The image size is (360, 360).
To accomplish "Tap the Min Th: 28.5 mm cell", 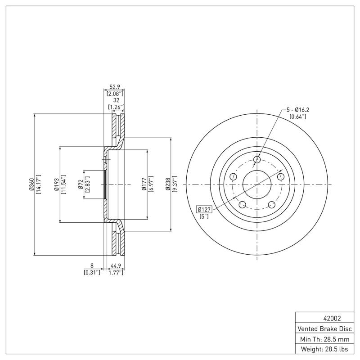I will click(x=324, y=338).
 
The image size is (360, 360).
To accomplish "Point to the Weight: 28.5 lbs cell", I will click(x=324, y=349).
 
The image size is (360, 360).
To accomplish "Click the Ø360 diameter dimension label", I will click(x=31, y=184).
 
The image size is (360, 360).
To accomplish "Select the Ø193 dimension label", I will click(x=56, y=184).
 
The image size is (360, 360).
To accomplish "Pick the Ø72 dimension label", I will click(x=81, y=184).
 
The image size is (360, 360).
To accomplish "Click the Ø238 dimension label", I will click(x=168, y=184).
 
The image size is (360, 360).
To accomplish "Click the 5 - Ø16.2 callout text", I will click(x=298, y=109).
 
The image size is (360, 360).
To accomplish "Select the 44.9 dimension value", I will click(x=116, y=266).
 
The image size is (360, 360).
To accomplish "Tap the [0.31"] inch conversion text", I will click(x=92, y=272).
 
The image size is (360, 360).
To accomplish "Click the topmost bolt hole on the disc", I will click(x=257, y=159).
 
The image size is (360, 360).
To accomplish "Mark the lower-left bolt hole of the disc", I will click(x=242, y=205).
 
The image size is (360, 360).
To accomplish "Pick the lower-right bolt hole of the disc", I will click(x=272, y=205).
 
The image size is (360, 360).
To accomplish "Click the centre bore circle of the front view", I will click(x=257, y=184).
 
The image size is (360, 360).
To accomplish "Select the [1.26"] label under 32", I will click(x=116, y=107).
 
